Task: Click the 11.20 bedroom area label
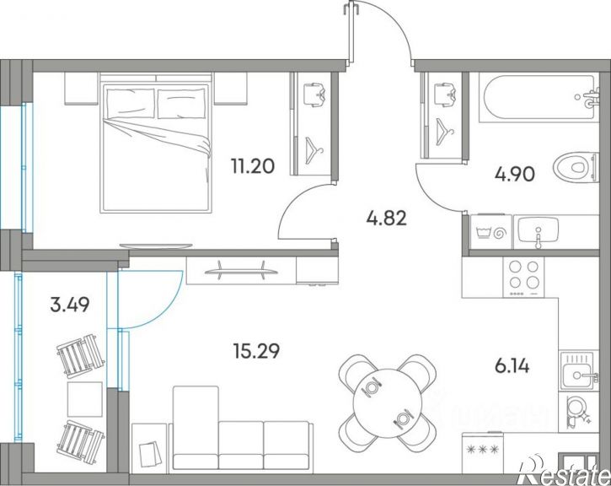click(x=253, y=166)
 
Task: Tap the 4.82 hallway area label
click(x=386, y=218)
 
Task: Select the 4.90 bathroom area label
click(x=514, y=175)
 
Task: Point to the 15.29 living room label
click(x=256, y=351)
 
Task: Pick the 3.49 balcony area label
click(x=70, y=305)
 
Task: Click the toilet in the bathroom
click(x=575, y=168)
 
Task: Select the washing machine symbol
click(x=490, y=233)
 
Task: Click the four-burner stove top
click(x=523, y=278)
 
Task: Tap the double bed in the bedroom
click(x=156, y=143)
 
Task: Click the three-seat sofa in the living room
click(x=242, y=429)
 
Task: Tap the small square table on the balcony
click(x=85, y=399)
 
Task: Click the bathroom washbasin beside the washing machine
click(x=539, y=232)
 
